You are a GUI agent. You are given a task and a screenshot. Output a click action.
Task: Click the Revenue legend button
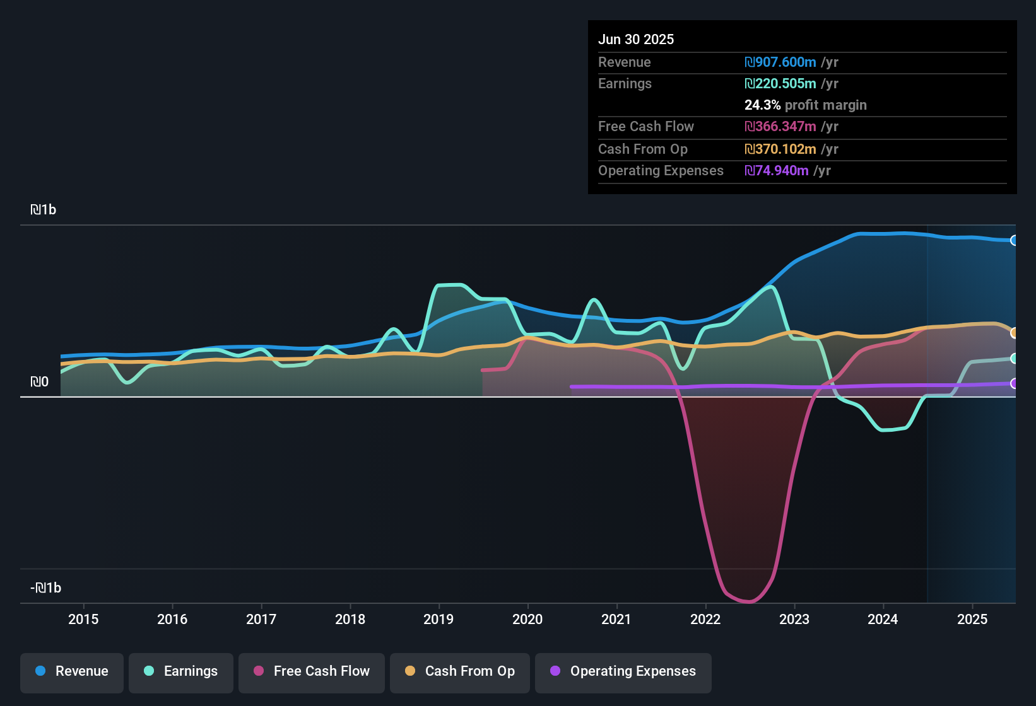[x=72, y=671]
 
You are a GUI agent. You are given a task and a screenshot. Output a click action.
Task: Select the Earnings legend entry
[x=181, y=671]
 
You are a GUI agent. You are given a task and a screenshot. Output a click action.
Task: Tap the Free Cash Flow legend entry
[x=312, y=671]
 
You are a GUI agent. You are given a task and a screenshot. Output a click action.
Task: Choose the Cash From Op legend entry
[x=460, y=671]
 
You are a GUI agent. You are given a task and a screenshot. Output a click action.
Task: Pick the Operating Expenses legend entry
[x=623, y=671]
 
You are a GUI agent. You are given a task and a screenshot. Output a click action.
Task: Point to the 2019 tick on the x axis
[x=439, y=619]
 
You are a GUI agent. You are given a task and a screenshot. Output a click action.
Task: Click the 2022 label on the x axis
[x=705, y=619]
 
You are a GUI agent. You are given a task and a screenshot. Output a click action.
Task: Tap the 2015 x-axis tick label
[x=83, y=619]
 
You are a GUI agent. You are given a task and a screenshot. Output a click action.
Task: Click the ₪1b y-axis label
[x=44, y=210]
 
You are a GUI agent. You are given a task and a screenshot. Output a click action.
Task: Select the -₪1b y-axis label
[x=46, y=588]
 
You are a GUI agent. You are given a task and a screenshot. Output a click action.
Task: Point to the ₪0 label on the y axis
[x=40, y=382]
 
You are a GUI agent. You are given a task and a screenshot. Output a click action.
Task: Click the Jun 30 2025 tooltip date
[x=636, y=39]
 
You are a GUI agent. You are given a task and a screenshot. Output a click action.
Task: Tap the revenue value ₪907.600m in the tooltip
[x=780, y=62]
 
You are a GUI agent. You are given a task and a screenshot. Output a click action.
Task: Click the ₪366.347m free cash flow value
[x=780, y=126]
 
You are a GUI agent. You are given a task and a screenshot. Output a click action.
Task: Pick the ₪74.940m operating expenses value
[x=777, y=170]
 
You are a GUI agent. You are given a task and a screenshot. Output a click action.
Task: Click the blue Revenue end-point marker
[x=1014, y=240]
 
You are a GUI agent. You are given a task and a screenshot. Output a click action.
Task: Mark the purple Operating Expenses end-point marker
[x=1014, y=383]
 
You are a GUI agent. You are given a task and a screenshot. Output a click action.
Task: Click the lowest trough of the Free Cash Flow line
[x=749, y=601]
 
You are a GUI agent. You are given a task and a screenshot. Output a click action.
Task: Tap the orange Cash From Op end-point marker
[x=1014, y=333]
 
